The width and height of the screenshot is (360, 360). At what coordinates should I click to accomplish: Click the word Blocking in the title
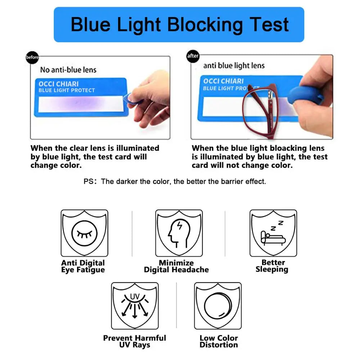point(205,25)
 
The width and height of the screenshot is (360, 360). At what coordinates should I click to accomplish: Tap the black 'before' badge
point(32,57)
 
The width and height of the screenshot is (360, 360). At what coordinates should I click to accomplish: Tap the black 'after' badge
point(193,56)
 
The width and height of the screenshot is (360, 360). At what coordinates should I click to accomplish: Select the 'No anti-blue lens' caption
point(68,69)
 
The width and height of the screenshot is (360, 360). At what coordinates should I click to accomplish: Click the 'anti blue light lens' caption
point(234,66)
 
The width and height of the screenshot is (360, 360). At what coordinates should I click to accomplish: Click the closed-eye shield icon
point(85,233)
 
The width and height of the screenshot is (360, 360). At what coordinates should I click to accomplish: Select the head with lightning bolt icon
point(179,233)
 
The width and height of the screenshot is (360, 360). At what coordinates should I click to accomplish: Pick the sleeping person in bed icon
point(273,233)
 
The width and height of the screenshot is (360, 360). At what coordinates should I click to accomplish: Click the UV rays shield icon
point(135,306)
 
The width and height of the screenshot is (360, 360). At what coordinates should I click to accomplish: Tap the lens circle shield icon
point(218,306)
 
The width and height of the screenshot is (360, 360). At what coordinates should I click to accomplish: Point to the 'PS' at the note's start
point(89,181)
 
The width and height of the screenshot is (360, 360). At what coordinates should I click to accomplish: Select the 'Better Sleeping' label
point(272,266)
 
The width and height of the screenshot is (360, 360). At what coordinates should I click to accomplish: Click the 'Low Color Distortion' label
point(219,341)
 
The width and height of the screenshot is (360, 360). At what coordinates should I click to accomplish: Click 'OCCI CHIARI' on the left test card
point(59,84)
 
